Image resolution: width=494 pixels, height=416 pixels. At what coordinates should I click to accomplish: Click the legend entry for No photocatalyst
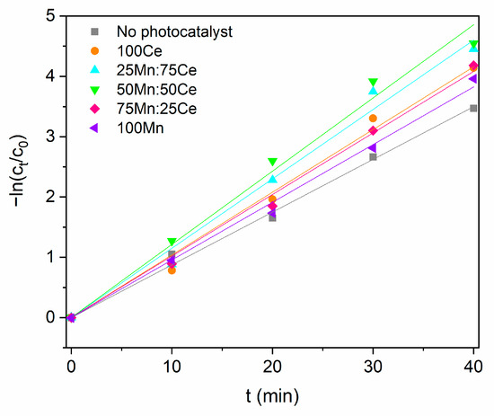tap(174, 32)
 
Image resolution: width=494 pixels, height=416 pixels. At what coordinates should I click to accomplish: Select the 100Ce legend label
tap(139, 51)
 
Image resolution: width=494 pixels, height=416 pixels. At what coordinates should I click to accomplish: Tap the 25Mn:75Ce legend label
tap(156, 70)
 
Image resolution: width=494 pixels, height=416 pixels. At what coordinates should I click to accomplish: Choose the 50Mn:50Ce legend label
tap(156, 90)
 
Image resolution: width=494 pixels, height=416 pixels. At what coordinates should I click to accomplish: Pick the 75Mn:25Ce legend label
tap(156, 109)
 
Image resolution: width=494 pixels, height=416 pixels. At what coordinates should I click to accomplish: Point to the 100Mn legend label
tap(140, 128)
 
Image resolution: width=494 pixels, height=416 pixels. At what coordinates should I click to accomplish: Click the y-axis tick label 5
tap(50, 16)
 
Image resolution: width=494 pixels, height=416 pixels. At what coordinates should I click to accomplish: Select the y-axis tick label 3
tap(50, 137)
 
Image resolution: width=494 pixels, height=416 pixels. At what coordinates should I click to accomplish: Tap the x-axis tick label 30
tap(373, 367)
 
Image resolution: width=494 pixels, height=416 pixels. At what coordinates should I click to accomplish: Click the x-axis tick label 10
tap(172, 367)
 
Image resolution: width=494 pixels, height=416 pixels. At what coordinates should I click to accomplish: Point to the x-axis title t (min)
tap(272, 396)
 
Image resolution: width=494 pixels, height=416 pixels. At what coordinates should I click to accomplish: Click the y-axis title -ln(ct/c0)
tap(19, 171)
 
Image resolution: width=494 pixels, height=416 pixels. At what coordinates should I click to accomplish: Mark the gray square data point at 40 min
tap(473, 109)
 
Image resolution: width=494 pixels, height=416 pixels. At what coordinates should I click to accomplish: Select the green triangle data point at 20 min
tap(272, 162)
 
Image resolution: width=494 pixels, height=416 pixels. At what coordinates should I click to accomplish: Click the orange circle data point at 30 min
tap(373, 119)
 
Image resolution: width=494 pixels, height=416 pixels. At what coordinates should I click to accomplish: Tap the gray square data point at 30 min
tap(373, 157)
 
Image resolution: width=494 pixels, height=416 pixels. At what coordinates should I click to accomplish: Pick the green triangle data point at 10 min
tap(172, 242)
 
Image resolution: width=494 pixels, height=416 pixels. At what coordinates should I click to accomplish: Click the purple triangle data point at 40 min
tap(472, 79)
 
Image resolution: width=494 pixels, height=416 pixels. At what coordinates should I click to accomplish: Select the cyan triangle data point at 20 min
tap(273, 179)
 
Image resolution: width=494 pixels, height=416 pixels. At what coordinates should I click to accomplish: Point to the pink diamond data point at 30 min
tap(373, 130)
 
